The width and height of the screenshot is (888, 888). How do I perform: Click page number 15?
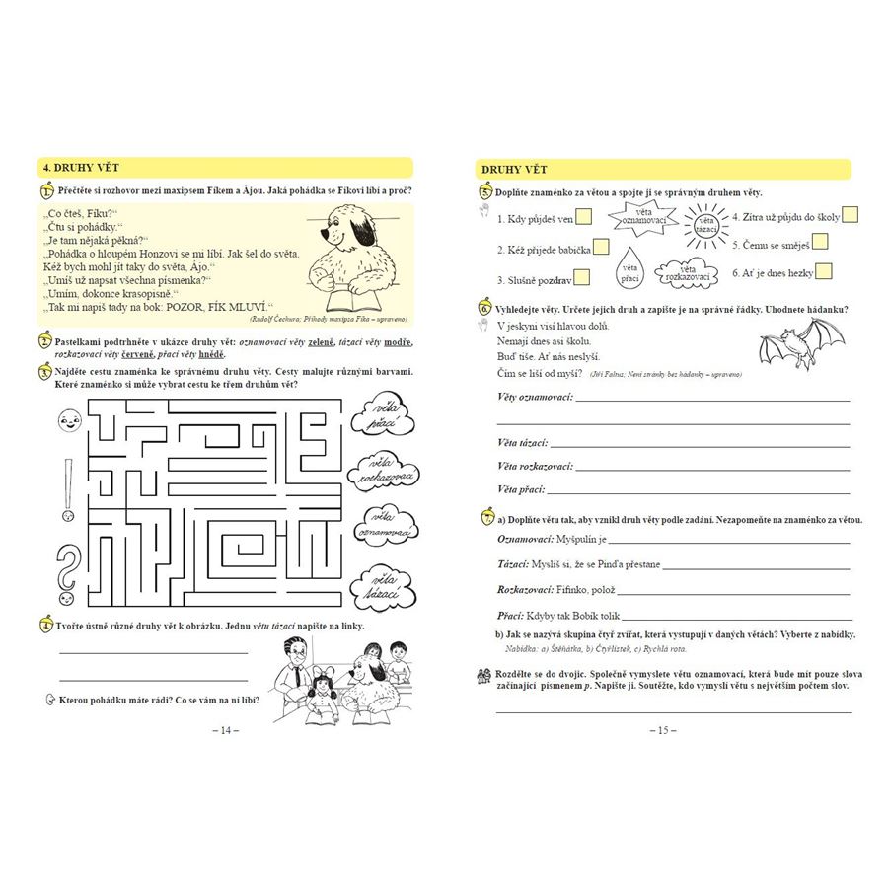662,730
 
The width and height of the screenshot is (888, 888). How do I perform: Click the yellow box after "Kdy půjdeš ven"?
584,218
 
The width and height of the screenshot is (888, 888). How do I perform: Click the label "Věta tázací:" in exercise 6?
522,443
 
